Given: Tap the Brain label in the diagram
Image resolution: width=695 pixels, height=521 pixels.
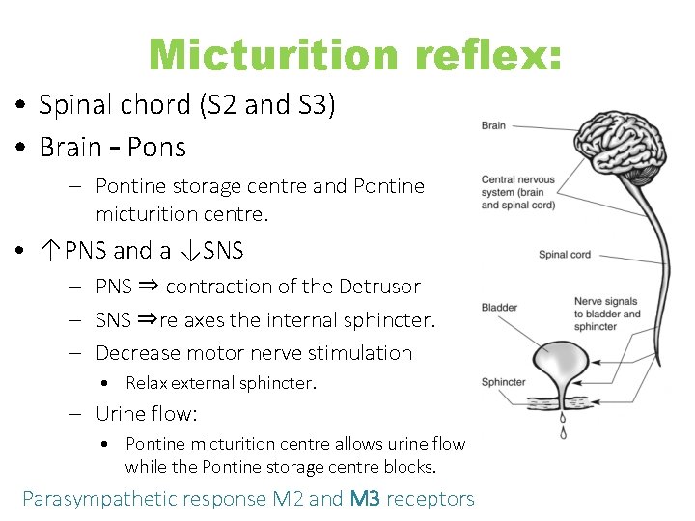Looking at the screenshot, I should click(493, 125).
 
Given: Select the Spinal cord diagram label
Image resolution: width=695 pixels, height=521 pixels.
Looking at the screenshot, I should click(565, 255).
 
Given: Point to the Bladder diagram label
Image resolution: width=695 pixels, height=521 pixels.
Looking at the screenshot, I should click(500, 308).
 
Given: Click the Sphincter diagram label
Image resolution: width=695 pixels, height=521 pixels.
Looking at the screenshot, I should click(504, 382).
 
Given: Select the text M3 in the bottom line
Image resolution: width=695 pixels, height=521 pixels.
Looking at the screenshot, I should click(366, 499).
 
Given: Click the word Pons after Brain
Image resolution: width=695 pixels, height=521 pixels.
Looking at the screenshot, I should click(156, 148).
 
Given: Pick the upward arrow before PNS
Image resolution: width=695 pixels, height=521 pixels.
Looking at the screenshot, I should click(50, 251).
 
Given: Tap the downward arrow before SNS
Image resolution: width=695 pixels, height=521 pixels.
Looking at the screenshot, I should click(189, 251).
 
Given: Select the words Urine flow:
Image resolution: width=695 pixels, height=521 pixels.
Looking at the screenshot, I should click(146, 414).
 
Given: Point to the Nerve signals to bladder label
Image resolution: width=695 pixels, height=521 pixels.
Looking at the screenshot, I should click(607, 314).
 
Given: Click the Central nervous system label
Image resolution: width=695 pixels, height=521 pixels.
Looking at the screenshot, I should click(518, 193).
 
